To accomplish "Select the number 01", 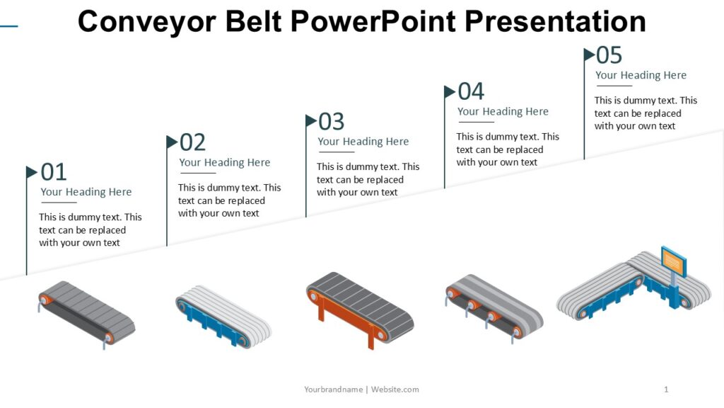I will (x=54, y=172).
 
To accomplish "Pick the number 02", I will (x=192, y=142).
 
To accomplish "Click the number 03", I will (x=332, y=122).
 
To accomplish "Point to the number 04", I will (x=471, y=91).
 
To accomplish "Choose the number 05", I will (x=609, y=55).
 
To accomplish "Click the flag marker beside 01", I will (x=32, y=172).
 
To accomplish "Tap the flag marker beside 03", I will (x=311, y=121).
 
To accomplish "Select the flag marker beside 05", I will (x=589, y=54).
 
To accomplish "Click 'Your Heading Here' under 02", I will (x=225, y=163).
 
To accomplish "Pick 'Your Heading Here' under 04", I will (x=503, y=112).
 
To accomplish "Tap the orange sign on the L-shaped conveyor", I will (x=673, y=261).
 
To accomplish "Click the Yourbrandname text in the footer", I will (x=333, y=390).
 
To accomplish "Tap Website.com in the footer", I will (x=395, y=390).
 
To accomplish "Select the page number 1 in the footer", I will (x=666, y=390).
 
